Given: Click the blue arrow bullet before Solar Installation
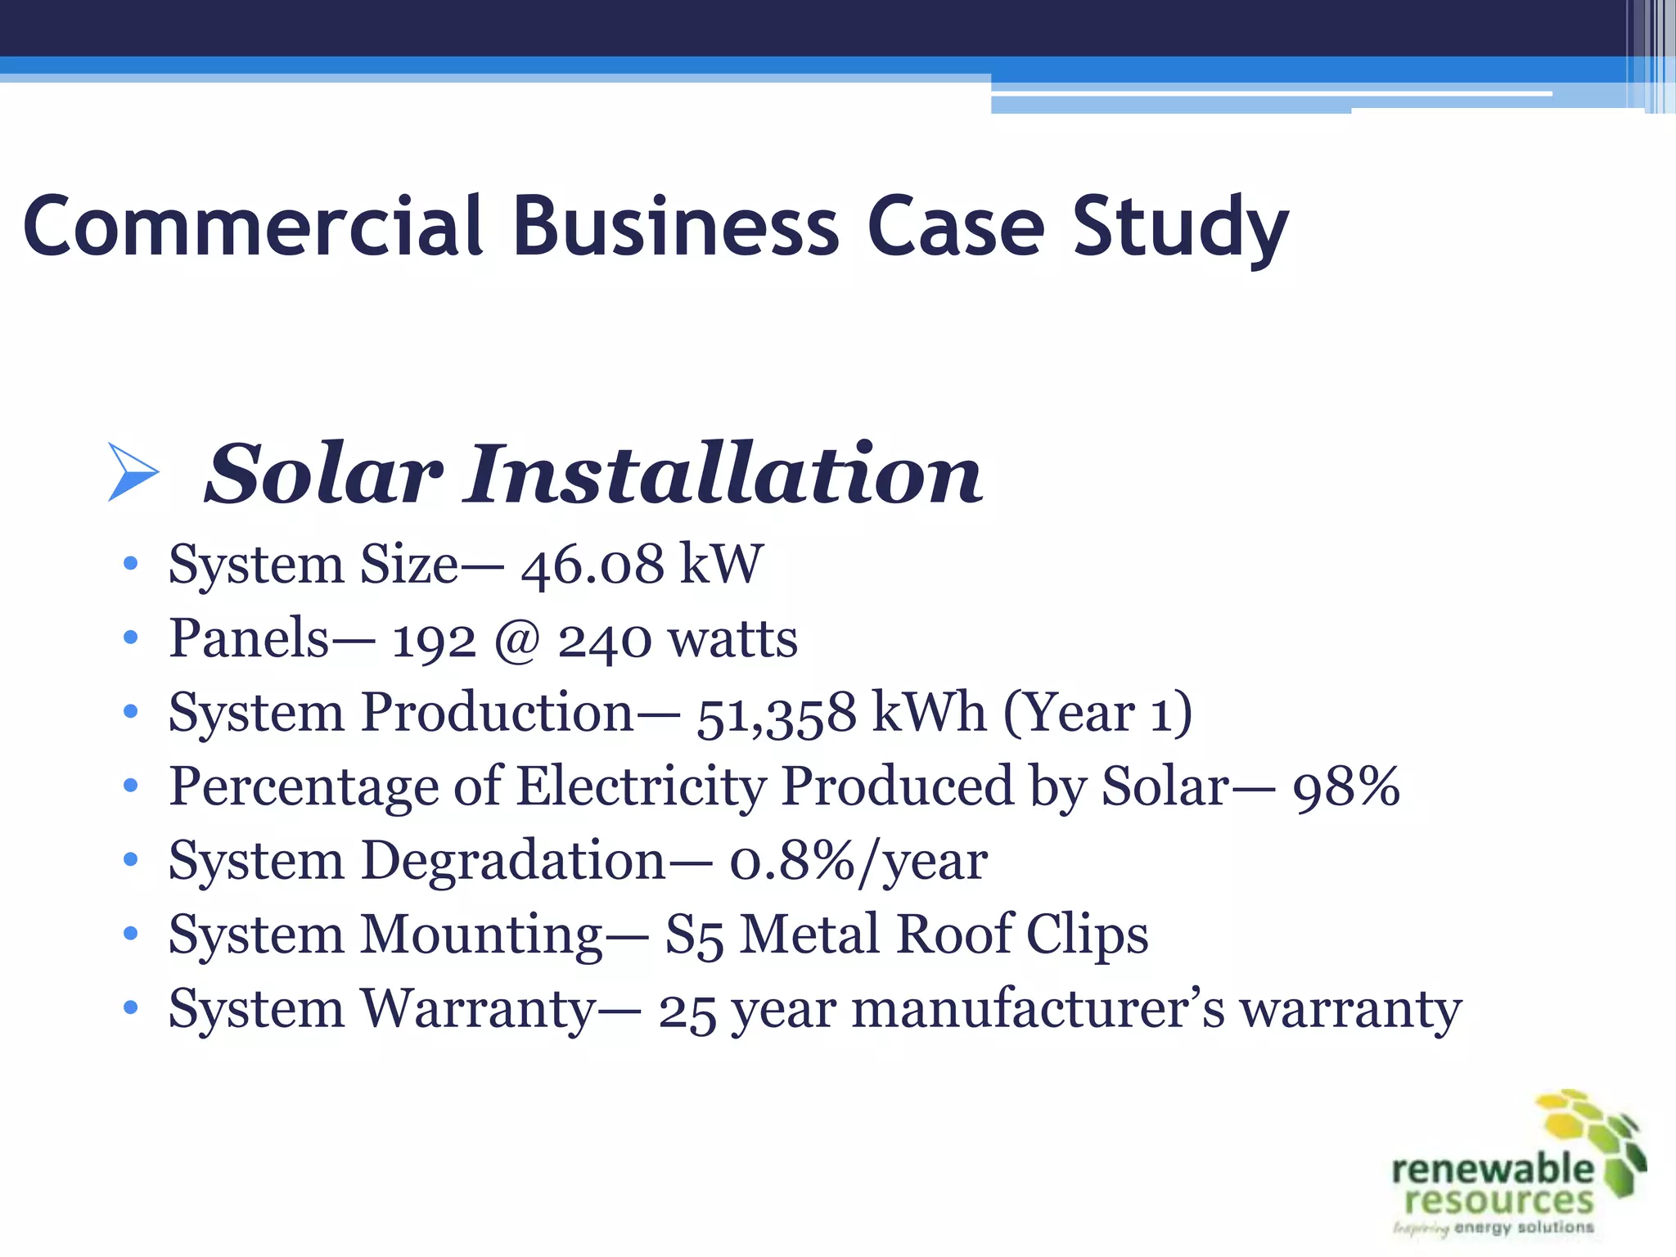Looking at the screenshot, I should click(132, 472).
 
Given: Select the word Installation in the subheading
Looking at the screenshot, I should click(723, 475).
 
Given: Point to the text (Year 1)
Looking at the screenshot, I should click(1097, 713).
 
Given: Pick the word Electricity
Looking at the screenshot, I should click(642, 786).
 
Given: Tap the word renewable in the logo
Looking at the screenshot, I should click(1493, 1169).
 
